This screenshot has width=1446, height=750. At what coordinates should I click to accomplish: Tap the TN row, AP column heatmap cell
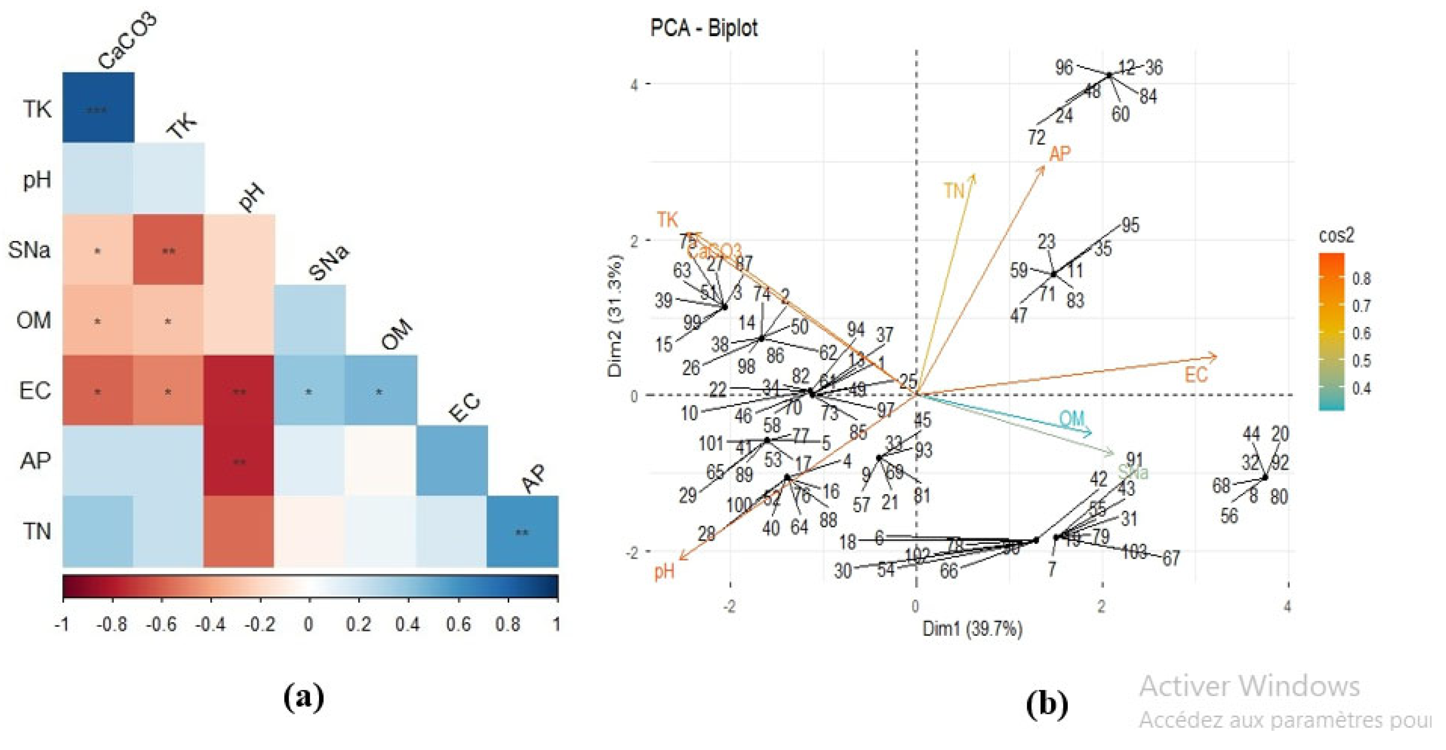(522, 532)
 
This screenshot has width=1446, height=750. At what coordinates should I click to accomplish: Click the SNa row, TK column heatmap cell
(168, 250)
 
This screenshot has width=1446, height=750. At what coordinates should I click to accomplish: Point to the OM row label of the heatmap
(34, 321)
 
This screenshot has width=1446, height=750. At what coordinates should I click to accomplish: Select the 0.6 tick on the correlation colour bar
(458, 624)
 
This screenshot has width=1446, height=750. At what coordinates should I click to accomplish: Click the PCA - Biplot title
(703, 28)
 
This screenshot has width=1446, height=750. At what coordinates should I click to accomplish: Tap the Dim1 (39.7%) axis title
(972, 629)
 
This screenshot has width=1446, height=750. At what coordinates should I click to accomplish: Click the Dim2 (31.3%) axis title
(616, 316)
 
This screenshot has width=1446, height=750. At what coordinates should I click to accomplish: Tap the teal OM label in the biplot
(1072, 418)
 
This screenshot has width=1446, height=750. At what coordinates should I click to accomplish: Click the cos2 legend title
(1336, 236)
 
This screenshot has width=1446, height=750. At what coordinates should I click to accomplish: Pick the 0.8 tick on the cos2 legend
(1362, 279)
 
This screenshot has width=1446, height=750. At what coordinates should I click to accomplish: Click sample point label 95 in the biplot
(1130, 225)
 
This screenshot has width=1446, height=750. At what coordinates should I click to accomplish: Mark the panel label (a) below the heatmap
(304, 698)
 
